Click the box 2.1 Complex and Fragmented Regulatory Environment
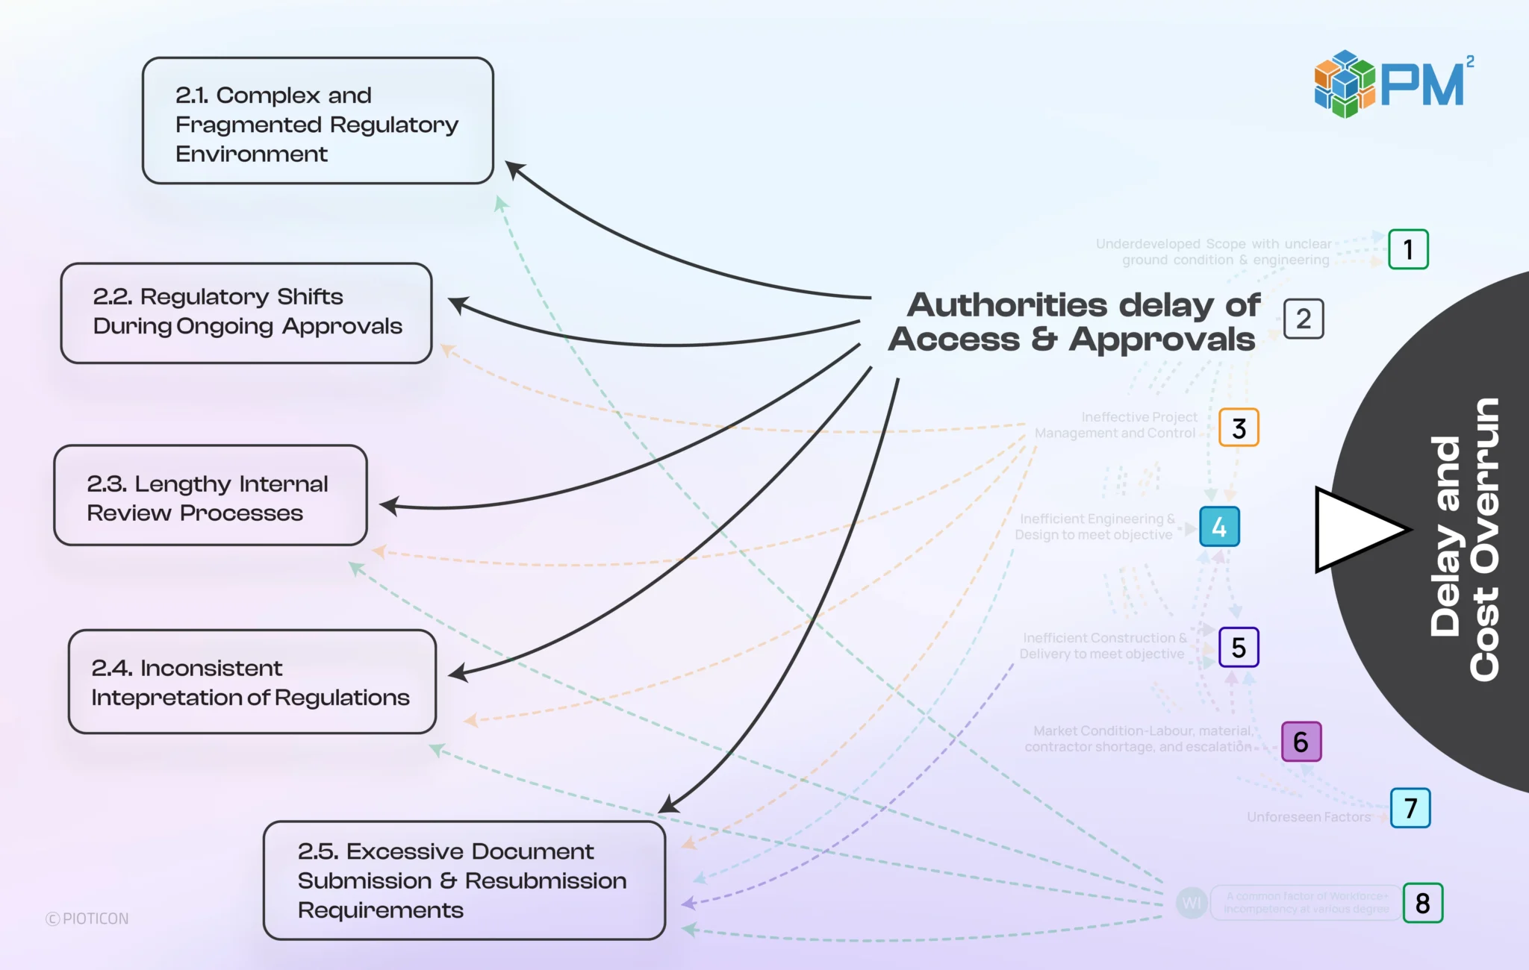tap(317, 121)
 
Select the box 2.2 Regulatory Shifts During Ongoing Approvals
tap(246, 313)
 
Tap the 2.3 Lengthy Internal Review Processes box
tap(211, 495)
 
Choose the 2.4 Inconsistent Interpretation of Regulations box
tap(252, 681)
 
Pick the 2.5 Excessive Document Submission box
tap(464, 880)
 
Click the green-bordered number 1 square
tap(1408, 249)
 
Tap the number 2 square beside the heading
tap(1304, 319)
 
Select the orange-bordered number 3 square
tap(1239, 428)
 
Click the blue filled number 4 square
tap(1219, 527)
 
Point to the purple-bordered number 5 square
tap(1239, 647)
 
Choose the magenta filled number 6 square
tap(1301, 742)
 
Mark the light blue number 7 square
tap(1410, 808)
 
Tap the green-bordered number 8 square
tap(1422, 903)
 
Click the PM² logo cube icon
tap(1344, 84)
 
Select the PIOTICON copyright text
tap(87, 919)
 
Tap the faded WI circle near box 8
tap(1192, 903)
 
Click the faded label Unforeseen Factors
tap(1308, 817)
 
